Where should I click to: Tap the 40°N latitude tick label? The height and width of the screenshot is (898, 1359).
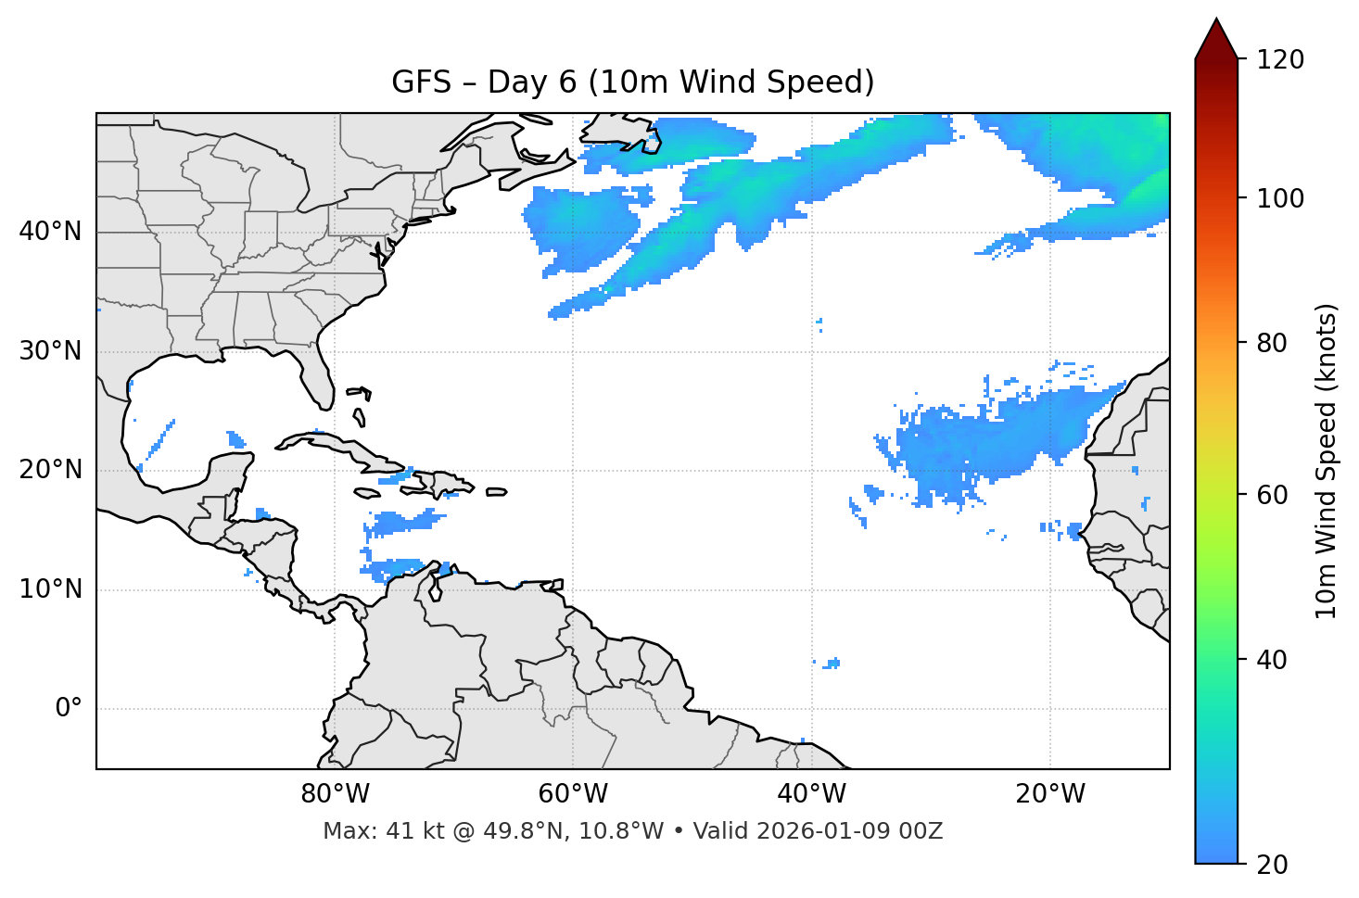click(x=50, y=231)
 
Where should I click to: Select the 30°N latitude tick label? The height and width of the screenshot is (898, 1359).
click(x=50, y=351)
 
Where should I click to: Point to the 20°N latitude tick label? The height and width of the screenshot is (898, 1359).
click(x=50, y=470)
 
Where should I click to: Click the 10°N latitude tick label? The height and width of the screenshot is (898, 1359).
click(x=50, y=589)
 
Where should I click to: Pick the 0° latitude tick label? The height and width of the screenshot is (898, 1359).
click(x=68, y=709)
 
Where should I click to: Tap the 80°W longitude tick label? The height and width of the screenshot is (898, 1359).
click(x=335, y=794)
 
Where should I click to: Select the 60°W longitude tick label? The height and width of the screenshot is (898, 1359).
click(x=573, y=794)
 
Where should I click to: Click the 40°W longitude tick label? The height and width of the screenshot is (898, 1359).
click(x=811, y=794)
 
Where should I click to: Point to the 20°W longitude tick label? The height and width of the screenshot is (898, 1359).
click(x=1049, y=794)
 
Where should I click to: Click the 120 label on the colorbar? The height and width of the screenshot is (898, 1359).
click(x=1280, y=60)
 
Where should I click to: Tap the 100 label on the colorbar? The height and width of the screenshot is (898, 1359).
click(x=1280, y=198)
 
